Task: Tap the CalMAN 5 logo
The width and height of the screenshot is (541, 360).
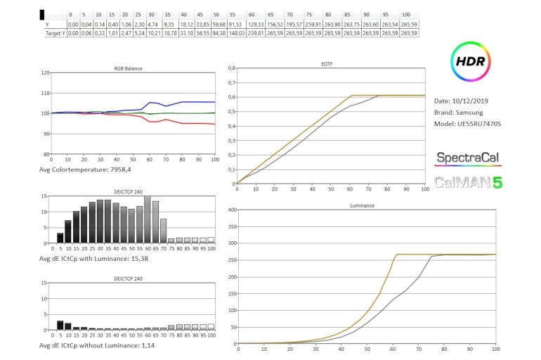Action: [469, 182]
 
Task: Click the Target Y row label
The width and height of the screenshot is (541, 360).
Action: [52, 32]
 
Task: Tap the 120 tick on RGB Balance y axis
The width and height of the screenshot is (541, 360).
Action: [46, 72]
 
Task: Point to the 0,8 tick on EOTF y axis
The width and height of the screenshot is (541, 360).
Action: [232, 68]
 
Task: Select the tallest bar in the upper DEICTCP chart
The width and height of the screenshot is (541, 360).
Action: [147, 219]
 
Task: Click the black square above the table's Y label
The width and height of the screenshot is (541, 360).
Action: [43, 14]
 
